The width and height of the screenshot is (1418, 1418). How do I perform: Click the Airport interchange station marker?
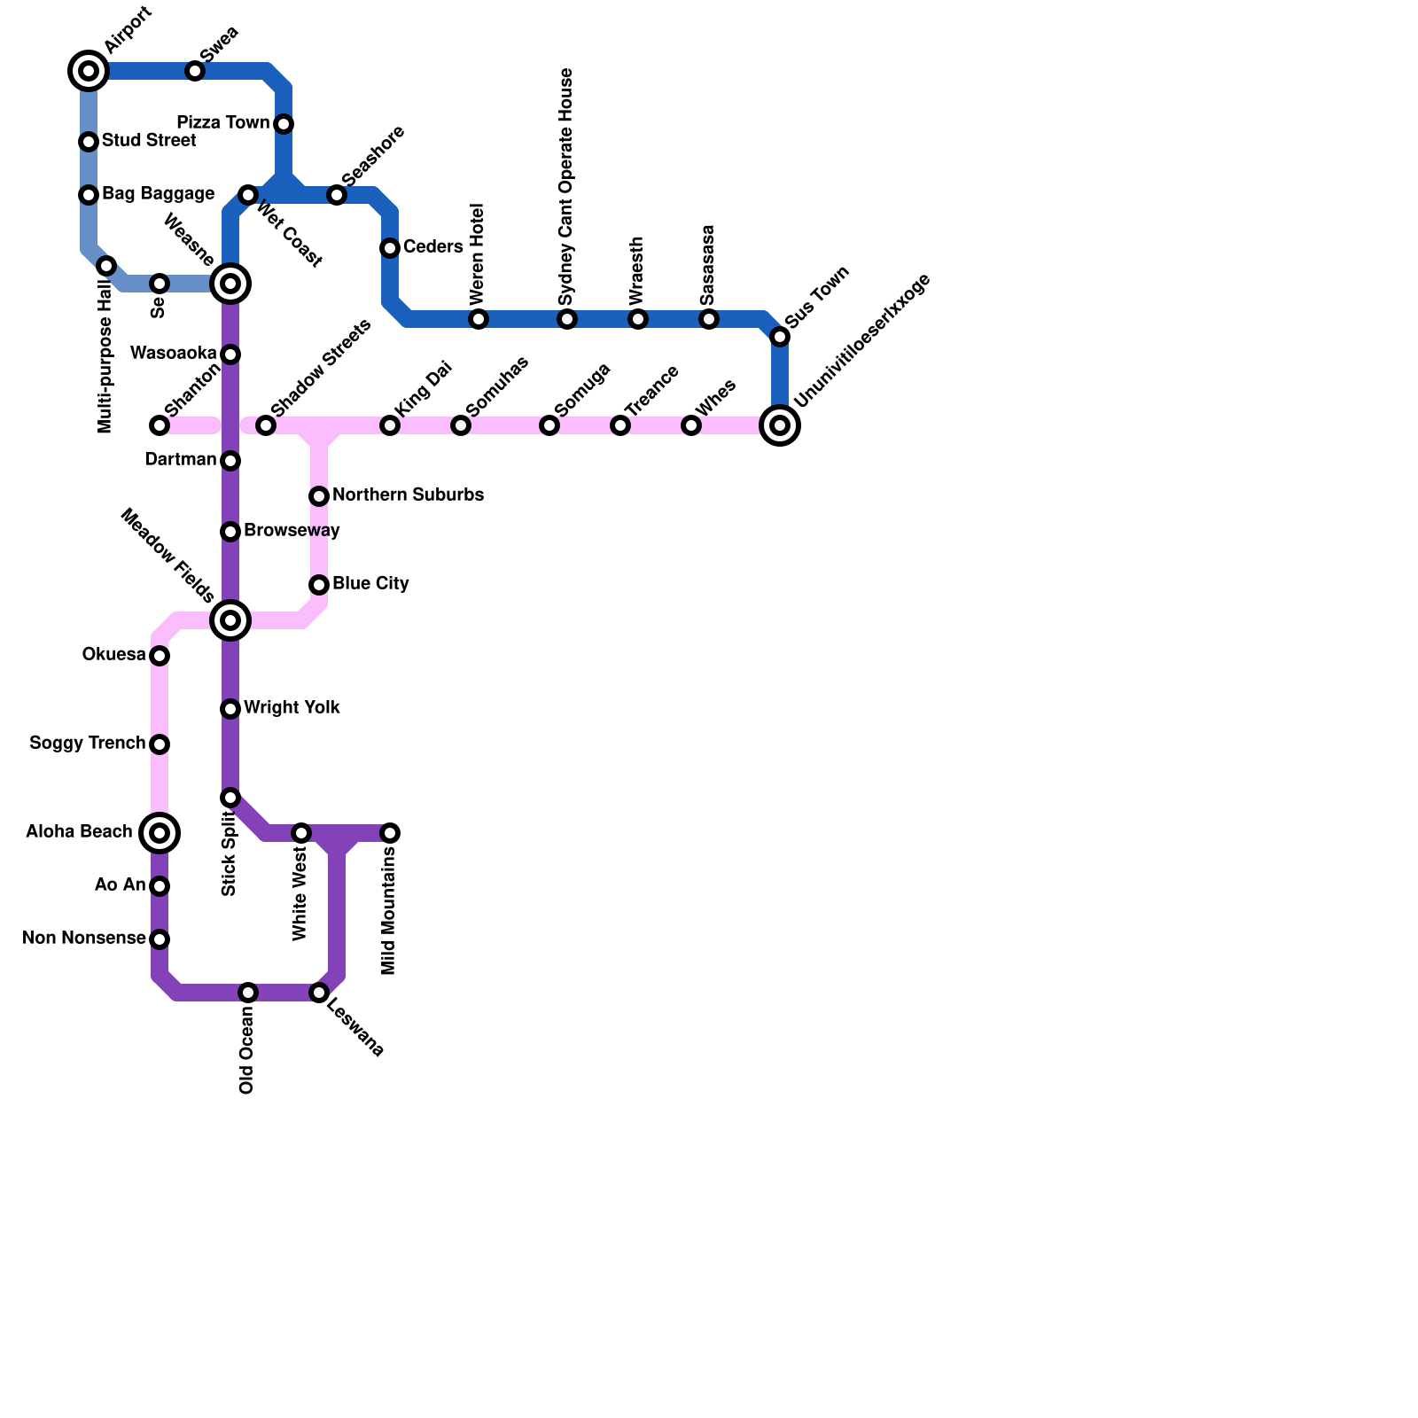tap(89, 71)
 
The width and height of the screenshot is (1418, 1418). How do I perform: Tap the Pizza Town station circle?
tap(284, 124)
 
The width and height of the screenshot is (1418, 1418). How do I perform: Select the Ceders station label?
tap(432, 247)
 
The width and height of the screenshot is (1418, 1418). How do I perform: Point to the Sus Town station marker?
tap(780, 337)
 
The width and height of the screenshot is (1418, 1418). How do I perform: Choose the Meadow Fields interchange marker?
tap(230, 620)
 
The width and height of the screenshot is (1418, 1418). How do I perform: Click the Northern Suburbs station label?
tap(408, 495)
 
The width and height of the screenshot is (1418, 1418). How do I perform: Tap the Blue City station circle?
tap(319, 585)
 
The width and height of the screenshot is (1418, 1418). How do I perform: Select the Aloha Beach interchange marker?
tap(160, 833)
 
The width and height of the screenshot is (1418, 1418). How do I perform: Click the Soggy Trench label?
tap(87, 744)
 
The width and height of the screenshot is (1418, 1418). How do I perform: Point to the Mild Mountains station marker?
tap(390, 833)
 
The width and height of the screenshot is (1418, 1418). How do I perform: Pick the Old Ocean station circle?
tap(248, 993)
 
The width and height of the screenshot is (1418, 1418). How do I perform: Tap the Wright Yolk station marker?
tap(230, 709)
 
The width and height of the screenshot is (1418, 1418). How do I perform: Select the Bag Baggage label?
tap(158, 194)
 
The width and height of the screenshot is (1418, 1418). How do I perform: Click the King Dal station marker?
tap(390, 425)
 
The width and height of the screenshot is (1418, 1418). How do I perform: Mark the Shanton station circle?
tap(160, 425)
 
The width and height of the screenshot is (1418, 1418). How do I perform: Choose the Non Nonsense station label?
tap(84, 939)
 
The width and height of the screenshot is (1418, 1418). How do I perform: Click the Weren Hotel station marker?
tap(479, 319)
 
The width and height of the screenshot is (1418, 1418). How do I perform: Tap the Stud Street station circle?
tap(89, 142)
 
